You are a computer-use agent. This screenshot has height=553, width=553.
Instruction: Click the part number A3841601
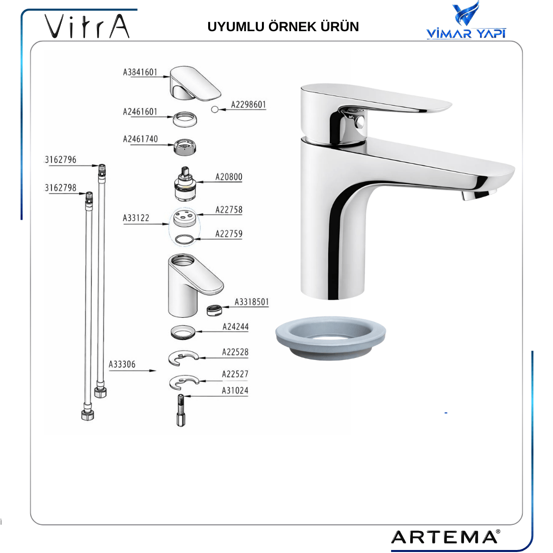(x=140, y=72)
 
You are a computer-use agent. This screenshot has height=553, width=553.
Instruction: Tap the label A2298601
(x=248, y=105)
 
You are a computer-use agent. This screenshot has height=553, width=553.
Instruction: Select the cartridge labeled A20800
(x=185, y=183)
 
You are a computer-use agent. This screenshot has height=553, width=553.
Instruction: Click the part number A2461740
(x=140, y=139)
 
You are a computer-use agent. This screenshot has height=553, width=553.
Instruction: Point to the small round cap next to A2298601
(x=215, y=110)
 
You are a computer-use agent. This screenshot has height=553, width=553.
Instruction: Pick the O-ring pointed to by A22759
(x=185, y=240)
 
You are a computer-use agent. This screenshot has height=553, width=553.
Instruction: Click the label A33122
(x=136, y=218)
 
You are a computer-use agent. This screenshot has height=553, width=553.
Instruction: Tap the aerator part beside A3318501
(x=214, y=310)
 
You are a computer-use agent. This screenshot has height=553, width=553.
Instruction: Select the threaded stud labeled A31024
(x=181, y=410)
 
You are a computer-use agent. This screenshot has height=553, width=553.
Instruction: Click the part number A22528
(x=235, y=352)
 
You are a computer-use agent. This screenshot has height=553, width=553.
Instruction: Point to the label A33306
(x=122, y=364)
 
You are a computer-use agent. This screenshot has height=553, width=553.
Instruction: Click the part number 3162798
(x=61, y=188)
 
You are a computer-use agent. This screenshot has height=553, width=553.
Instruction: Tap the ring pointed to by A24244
(x=182, y=332)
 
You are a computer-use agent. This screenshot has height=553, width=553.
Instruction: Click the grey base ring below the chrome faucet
(x=330, y=337)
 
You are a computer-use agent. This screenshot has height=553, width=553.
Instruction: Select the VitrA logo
(x=87, y=26)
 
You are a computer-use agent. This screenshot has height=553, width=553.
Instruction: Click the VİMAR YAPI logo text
(x=466, y=34)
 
